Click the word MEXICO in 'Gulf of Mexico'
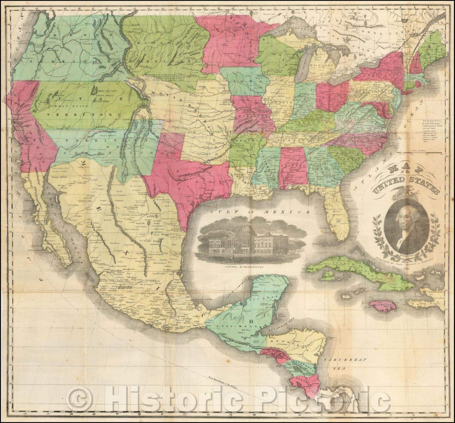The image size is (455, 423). pyautogui.click(x=289, y=212)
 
